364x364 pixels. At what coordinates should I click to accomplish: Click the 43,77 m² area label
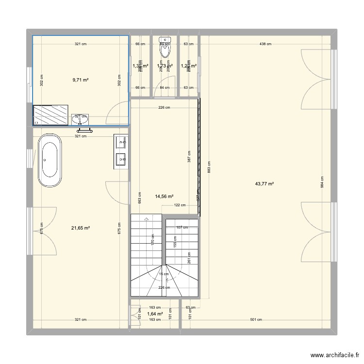coord(265,184)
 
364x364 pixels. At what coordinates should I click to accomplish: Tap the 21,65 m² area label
coord(81,228)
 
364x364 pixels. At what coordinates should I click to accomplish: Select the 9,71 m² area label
coord(81,80)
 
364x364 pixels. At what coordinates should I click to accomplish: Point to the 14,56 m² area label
coord(165,197)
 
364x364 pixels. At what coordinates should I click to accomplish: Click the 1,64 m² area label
coord(155,314)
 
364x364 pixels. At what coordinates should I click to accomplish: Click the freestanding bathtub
coord(50,161)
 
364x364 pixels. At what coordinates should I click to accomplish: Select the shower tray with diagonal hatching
coord(50,115)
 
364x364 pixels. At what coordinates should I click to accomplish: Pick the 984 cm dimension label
coord(322,182)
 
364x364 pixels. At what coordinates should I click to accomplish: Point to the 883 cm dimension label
coord(209,167)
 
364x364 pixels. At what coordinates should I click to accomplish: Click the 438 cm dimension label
coord(265,44)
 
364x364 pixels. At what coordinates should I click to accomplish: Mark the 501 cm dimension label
coord(256,319)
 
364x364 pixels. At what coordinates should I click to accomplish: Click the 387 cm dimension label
coord(189,156)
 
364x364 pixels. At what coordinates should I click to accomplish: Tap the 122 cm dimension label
coord(180,205)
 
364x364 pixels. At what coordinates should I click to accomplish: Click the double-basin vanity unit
coord(121,151)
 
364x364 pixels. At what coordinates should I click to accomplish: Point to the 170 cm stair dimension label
coord(152,239)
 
